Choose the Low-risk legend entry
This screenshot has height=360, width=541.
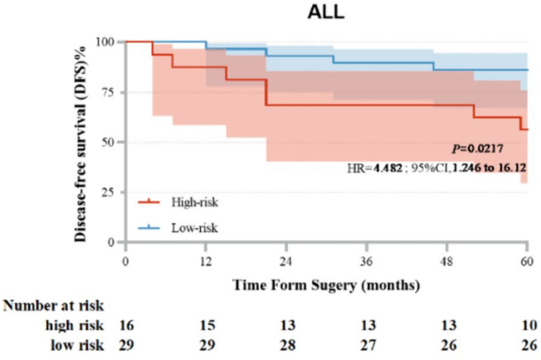coord(188,225)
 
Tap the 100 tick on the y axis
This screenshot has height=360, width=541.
coord(105,41)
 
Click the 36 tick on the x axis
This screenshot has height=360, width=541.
coord(367,259)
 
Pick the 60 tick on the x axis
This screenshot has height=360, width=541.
coord(527,259)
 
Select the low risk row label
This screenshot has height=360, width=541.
coord(79,345)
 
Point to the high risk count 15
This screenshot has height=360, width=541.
coord(206,326)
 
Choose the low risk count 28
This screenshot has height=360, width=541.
coord(285,345)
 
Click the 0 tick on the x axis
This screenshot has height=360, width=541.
coord(125,259)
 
